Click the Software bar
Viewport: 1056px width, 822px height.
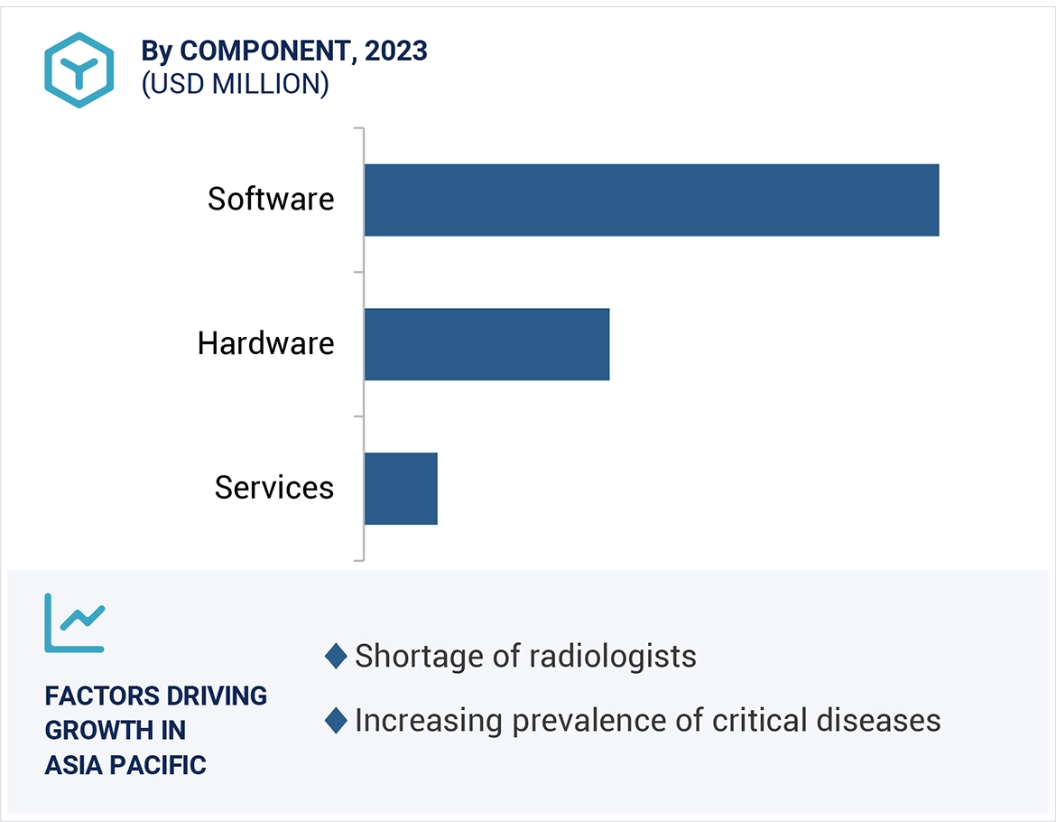tap(651, 200)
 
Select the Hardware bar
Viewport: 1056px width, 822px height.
tap(486, 344)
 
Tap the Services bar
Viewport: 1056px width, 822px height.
tap(401, 489)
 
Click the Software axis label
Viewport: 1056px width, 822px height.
tap(271, 199)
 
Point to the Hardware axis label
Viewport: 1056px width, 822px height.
tap(265, 343)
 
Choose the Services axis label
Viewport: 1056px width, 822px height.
tap(273, 488)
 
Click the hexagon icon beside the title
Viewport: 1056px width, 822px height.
tap(79, 70)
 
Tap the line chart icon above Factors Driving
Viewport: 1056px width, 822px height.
tap(75, 622)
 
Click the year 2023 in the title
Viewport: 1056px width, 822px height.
tap(396, 51)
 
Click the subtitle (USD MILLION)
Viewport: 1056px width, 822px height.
tap(235, 84)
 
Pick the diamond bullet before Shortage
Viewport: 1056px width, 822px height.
tap(336, 657)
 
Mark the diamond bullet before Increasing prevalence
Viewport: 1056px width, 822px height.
tap(336, 721)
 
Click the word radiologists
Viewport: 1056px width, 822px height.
tap(614, 657)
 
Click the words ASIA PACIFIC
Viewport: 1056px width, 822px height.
tap(125, 765)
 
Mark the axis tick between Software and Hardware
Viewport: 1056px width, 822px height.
tap(358, 272)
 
